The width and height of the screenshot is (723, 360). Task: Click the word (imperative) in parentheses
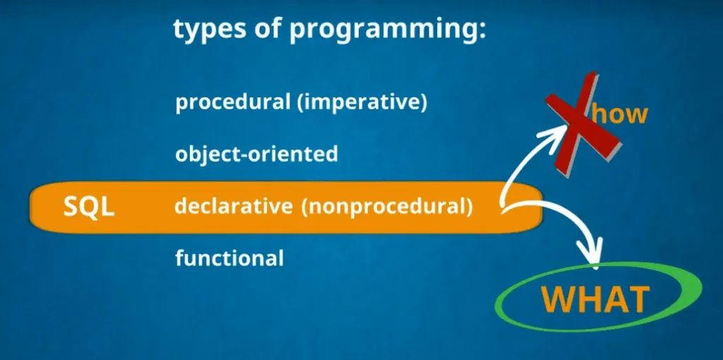pyautogui.click(x=362, y=103)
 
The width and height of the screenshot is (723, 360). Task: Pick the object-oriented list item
pyautogui.click(x=256, y=154)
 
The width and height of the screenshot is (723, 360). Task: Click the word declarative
pyautogui.click(x=233, y=207)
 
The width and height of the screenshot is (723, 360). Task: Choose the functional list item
pyautogui.click(x=229, y=258)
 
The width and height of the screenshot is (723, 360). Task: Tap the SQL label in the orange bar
pyautogui.click(x=89, y=208)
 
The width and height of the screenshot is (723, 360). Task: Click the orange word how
pyautogui.click(x=620, y=114)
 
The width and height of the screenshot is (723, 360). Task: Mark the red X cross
pyautogui.click(x=582, y=123)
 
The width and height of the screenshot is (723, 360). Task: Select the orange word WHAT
pyautogui.click(x=595, y=299)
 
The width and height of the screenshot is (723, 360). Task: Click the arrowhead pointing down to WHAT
pyautogui.click(x=593, y=253)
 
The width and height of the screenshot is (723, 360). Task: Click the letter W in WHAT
pyautogui.click(x=558, y=299)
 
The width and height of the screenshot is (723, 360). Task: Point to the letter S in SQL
pyautogui.click(x=71, y=208)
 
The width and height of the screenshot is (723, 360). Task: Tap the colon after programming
pyautogui.click(x=482, y=33)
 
